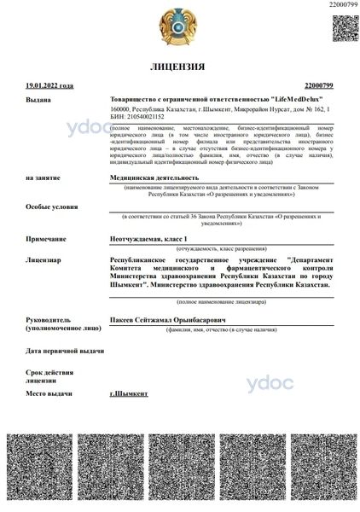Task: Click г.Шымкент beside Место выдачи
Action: pyautogui.click(x=130, y=392)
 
